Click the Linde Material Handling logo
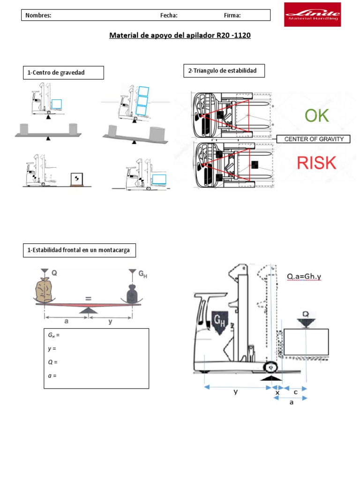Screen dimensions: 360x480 (x=312, y=15)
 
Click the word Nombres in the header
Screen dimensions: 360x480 (x=38, y=15)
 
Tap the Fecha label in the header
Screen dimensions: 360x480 (x=169, y=15)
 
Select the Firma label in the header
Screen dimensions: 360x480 (x=232, y=15)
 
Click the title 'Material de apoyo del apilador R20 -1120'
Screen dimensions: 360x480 (x=180, y=35)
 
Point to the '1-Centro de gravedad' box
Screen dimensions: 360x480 (x=63, y=73)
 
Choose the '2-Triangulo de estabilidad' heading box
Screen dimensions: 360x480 (x=224, y=71)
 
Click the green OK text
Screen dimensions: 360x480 (x=316, y=116)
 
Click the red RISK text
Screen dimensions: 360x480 (x=316, y=163)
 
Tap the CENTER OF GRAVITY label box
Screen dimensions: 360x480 (x=314, y=139)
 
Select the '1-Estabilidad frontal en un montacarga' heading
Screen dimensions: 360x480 (x=79, y=250)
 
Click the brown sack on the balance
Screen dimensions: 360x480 (x=44, y=290)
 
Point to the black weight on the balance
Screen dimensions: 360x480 (x=132, y=293)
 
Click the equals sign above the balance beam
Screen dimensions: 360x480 (x=88, y=298)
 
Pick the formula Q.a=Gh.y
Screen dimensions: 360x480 (x=304, y=277)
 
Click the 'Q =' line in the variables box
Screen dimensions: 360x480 (x=52, y=362)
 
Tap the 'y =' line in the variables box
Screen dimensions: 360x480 (x=52, y=349)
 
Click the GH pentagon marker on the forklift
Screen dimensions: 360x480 (x=219, y=322)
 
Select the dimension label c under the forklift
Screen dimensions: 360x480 (x=295, y=392)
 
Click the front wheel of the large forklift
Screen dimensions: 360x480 (x=271, y=367)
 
